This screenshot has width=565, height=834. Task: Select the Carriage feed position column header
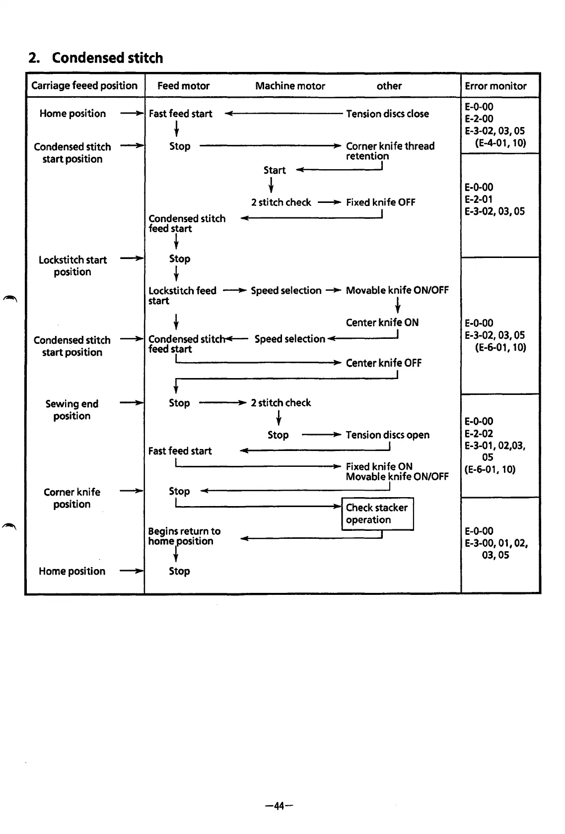[x=84, y=85]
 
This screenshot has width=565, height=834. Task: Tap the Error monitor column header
[x=495, y=86]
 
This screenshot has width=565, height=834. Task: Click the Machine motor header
[x=290, y=86]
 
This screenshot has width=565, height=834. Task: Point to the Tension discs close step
[x=387, y=114]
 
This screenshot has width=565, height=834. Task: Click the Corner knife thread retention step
[x=390, y=151]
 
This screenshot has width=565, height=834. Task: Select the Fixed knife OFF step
[x=380, y=202]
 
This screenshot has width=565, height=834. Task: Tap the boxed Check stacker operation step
[x=377, y=513]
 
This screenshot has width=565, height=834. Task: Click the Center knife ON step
[x=382, y=322]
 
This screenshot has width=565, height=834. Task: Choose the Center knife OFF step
[x=383, y=363]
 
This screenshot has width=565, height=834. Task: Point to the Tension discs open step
[x=387, y=435]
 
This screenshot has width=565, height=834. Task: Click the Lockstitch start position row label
[x=72, y=265]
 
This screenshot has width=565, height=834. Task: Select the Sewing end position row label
[x=72, y=410]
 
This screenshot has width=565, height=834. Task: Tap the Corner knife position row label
[x=72, y=498]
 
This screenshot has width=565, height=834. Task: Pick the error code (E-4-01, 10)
[x=500, y=143]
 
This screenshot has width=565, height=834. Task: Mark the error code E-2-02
[x=479, y=433]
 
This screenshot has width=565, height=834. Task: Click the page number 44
[x=279, y=806]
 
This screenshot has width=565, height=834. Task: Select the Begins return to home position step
[x=184, y=536]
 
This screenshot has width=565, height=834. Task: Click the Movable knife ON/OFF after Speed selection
[x=397, y=290]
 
